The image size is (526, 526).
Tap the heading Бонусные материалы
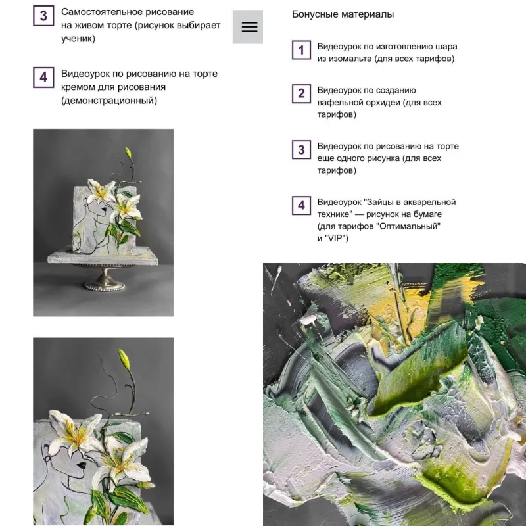343,14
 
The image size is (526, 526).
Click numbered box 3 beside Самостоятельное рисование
43,16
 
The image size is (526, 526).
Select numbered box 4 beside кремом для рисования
43,78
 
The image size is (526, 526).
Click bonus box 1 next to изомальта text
301,51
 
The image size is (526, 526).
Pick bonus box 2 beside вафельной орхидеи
301,93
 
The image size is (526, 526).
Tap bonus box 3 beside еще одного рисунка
301,150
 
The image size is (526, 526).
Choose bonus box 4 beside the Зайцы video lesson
301,206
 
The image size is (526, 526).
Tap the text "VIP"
335,238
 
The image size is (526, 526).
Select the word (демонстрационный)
109,101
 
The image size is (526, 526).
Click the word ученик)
78,39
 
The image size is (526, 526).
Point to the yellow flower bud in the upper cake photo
128,153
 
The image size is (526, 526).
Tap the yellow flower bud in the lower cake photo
124,359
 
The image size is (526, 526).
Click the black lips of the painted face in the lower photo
81,466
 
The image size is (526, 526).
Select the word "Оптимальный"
408,226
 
